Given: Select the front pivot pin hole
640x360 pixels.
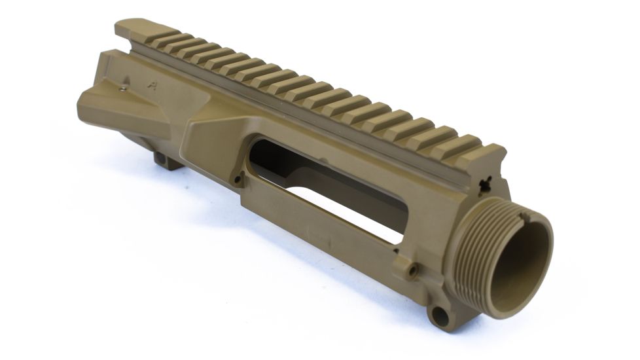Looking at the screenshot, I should coord(440,316).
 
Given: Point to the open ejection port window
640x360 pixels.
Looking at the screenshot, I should coord(327,190).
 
